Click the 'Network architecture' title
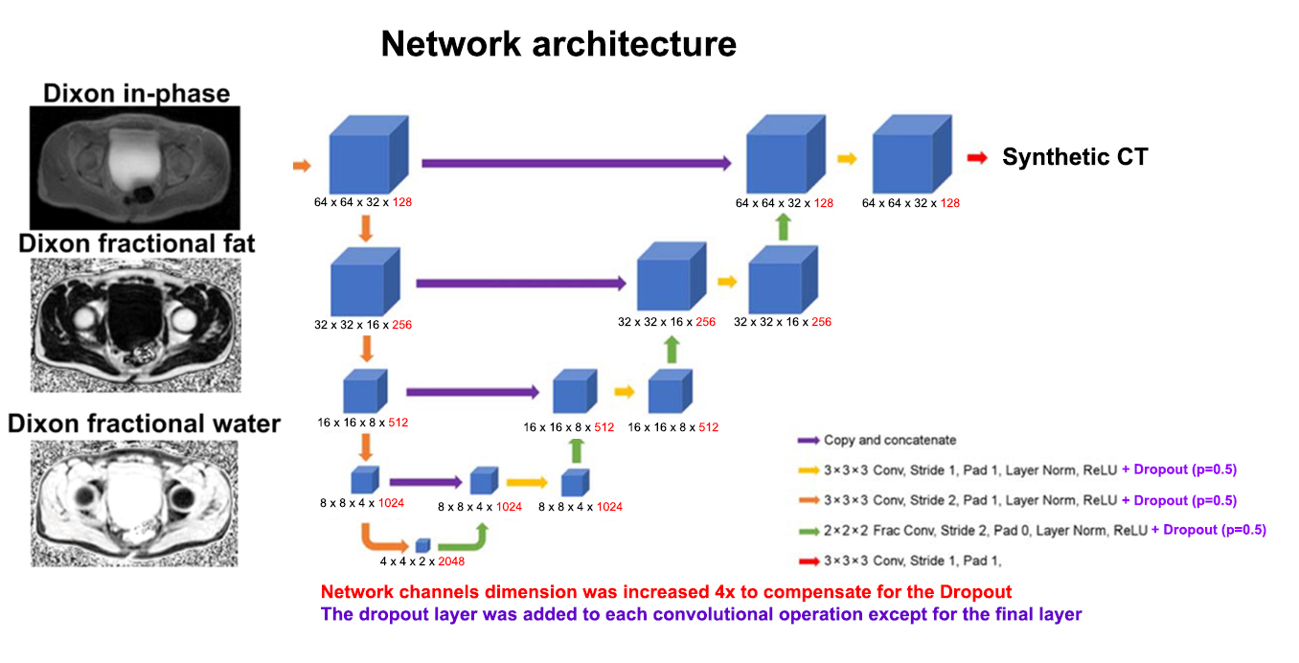(558, 44)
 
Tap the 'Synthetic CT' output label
(1075, 158)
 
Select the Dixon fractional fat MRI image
(134, 325)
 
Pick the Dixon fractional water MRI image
(134, 502)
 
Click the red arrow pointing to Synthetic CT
(978, 158)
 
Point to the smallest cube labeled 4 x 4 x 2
(422, 545)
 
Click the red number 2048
(451, 561)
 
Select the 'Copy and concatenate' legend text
(890, 440)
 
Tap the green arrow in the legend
(807, 530)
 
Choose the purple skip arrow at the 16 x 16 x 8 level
(473, 392)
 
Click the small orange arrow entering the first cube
(302, 166)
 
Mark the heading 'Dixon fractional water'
(144, 423)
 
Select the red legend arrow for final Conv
(807, 560)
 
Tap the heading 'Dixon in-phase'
(136, 93)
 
